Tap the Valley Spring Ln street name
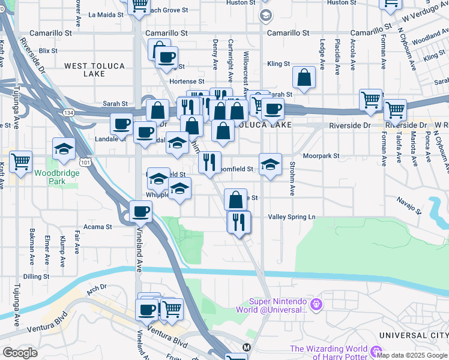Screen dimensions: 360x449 (291, 217)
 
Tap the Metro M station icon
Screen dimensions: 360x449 (246, 347)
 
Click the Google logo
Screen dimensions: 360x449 (20, 353)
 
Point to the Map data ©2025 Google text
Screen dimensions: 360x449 (412, 355)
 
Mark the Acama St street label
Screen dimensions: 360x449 (97, 227)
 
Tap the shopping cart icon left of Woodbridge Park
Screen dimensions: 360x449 (21, 161)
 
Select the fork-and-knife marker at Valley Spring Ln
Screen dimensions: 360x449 (238, 221)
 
